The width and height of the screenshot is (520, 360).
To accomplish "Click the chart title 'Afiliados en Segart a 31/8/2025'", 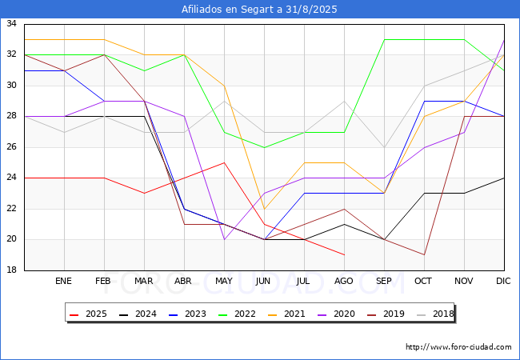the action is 259,10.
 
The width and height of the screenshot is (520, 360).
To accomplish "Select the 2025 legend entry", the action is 88,314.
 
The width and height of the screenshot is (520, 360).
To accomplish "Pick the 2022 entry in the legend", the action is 237,314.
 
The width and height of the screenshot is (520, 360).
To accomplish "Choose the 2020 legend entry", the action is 336,314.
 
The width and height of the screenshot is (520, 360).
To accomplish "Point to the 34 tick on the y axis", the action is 12,23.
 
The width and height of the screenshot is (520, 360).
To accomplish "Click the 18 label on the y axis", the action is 12,270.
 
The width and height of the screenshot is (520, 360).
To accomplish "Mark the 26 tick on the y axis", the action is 12,147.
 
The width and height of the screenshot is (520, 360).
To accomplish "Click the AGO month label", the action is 343,281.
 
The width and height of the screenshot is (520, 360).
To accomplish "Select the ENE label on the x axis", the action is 63,281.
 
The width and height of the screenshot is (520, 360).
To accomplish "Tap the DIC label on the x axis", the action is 503,281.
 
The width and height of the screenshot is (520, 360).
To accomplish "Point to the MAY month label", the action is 224,281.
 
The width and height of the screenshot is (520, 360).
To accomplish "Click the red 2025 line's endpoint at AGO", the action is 345,255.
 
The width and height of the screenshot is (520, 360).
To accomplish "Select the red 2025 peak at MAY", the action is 225,162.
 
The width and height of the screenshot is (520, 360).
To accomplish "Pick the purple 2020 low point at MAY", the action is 225,239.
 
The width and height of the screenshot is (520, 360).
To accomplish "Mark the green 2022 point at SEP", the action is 384,40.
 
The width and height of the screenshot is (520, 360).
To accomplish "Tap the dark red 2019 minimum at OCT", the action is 425,255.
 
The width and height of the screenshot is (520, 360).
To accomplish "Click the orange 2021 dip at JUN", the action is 264,209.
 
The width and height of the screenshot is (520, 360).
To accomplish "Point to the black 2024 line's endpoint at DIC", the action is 505,178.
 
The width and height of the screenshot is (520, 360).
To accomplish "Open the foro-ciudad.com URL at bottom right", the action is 458,347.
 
